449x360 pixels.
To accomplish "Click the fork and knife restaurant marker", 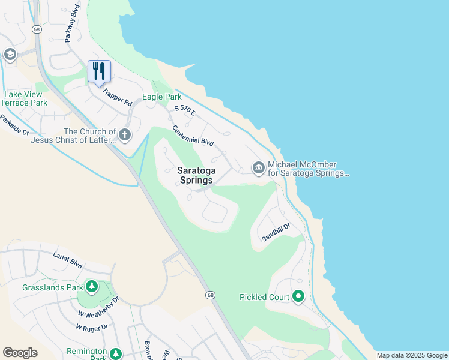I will coord(100,71).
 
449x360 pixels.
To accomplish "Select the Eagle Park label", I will coord(161,97).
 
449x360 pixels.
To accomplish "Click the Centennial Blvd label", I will coord(193,136).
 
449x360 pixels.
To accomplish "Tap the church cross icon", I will coord(125,134).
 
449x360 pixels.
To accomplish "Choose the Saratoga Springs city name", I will coord(195,175).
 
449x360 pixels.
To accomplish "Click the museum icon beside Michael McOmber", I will coord(259,167).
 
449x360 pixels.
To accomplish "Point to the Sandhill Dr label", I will coord(276,232).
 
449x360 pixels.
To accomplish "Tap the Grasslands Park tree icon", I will coord(92,287).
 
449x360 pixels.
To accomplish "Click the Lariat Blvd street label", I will coord(67,259).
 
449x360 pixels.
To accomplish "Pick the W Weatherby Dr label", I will coord(98,305).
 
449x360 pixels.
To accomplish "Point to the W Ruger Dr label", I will coord(91,328).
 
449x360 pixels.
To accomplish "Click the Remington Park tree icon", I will coord(115,353).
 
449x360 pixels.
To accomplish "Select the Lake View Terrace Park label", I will coord(25,98).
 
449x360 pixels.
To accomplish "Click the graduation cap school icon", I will coord(10,55).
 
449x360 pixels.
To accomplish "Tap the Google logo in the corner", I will coord(20,353).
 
